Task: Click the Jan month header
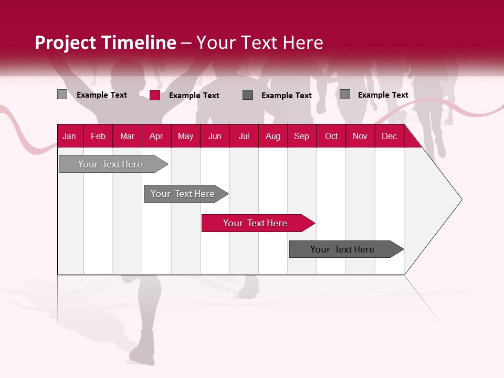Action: [x=69, y=136]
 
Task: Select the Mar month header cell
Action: [x=127, y=136]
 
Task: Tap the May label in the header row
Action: [x=185, y=136]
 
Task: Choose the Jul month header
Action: [x=244, y=136]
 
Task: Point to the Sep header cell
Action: [x=301, y=136]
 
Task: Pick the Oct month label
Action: [x=331, y=136]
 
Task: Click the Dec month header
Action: [x=389, y=136]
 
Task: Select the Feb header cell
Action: [x=98, y=136]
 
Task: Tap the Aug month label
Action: [x=272, y=136]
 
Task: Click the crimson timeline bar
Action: [x=255, y=223]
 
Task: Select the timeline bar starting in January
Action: [x=110, y=164]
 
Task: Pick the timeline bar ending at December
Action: [x=342, y=249]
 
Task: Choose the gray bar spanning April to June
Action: [x=183, y=194]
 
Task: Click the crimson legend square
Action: [x=155, y=95]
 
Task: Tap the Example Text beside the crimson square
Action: [x=194, y=96]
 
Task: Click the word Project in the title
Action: [x=65, y=43]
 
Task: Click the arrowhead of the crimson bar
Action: [x=310, y=223]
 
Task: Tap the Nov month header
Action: [x=360, y=136]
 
